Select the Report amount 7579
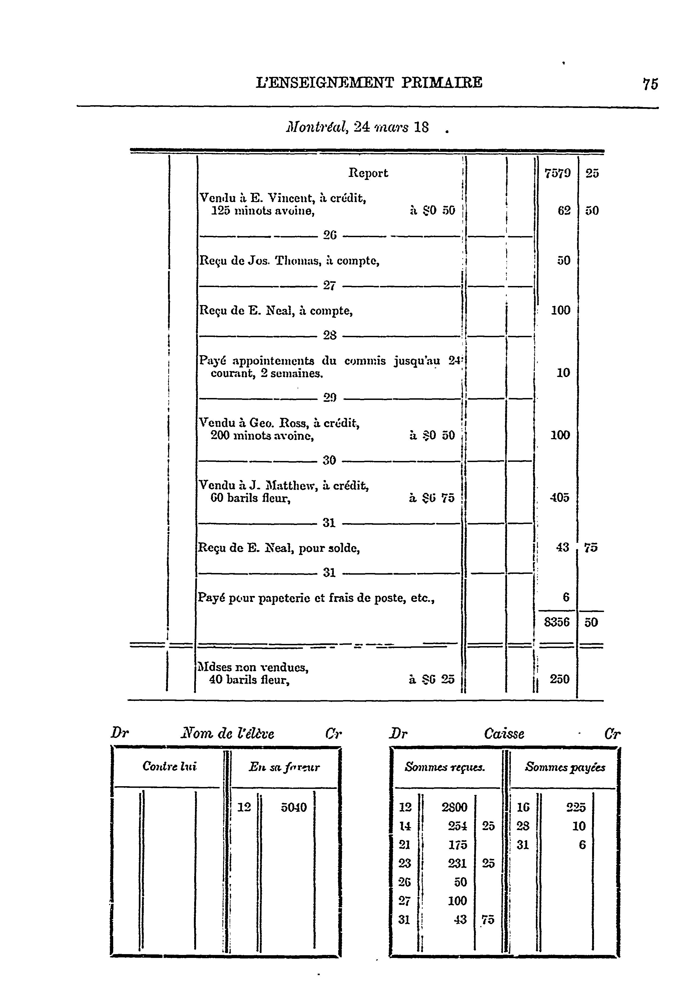point(557,173)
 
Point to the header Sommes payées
point(565,767)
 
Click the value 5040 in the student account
point(294,807)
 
